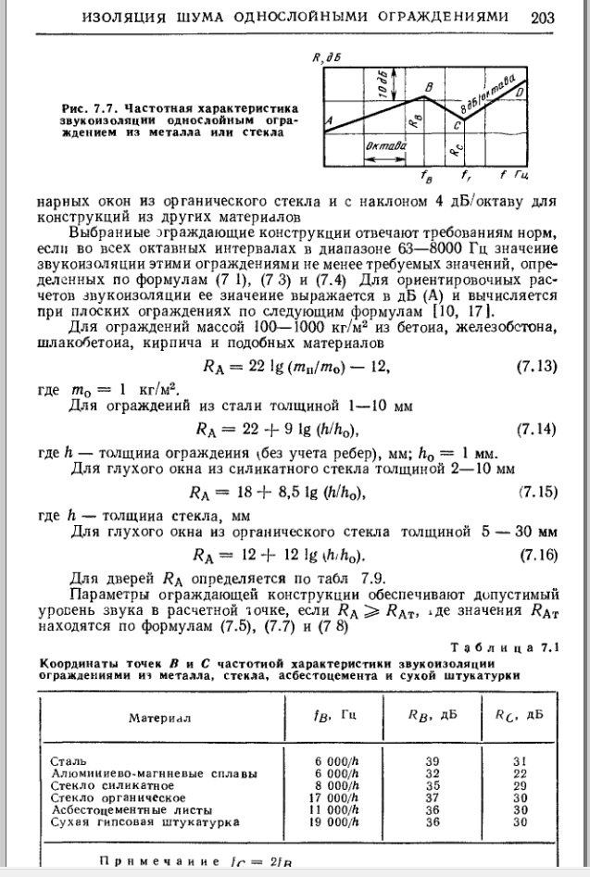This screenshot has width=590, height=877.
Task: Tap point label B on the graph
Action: point(427,86)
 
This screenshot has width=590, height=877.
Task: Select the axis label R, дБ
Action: point(326,57)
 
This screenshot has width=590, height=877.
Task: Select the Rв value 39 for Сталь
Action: point(431,760)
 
